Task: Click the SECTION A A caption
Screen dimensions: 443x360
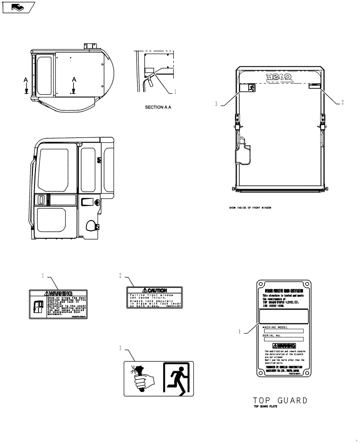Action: coord(158,107)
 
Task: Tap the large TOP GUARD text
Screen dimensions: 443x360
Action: coord(280,400)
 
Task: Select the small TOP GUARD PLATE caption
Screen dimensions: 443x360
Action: coord(265,407)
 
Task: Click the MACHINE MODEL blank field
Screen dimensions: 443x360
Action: coord(283,331)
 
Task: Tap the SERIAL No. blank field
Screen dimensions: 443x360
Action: coord(283,339)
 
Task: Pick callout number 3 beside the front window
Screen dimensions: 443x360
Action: coord(216,105)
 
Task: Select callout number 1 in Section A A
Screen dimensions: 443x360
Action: coord(175,92)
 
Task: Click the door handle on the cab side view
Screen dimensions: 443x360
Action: coord(42,199)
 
